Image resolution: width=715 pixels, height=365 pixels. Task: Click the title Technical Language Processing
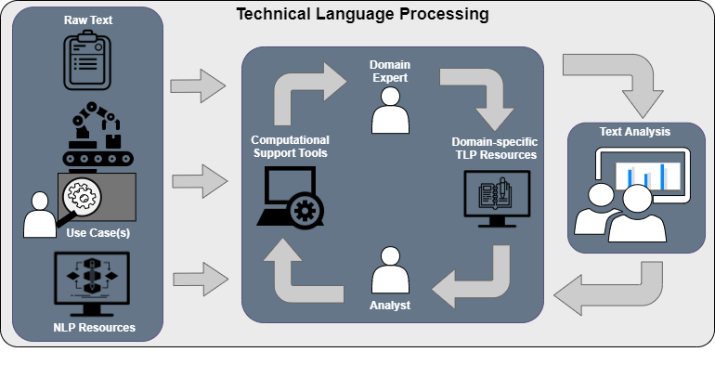[x=361, y=15]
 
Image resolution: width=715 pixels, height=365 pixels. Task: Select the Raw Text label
[x=88, y=20]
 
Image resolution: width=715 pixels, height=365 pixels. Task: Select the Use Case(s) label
[x=97, y=233]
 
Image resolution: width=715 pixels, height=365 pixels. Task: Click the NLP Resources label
[x=94, y=327]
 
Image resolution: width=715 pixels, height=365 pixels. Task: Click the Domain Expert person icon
[x=390, y=113]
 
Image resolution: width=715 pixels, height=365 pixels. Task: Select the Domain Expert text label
[x=390, y=72]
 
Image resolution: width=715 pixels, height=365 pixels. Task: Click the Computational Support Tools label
[x=290, y=146]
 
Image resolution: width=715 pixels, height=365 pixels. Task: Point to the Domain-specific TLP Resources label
[x=494, y=148]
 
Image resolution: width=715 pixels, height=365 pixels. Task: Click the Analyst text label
[x=390, y=305]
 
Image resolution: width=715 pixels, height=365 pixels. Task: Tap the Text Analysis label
[x=634, y=131]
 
